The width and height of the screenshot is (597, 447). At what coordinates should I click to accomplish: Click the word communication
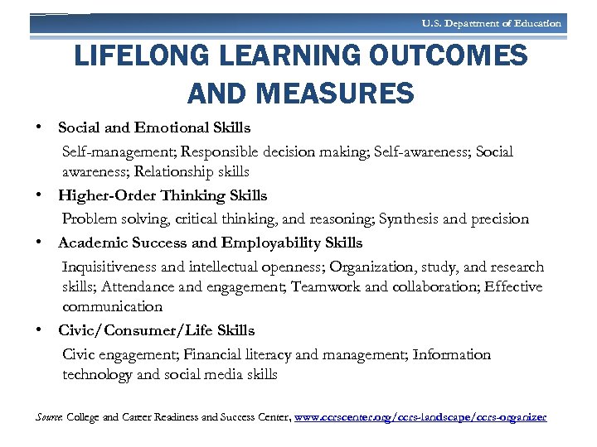click(112, 307)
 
